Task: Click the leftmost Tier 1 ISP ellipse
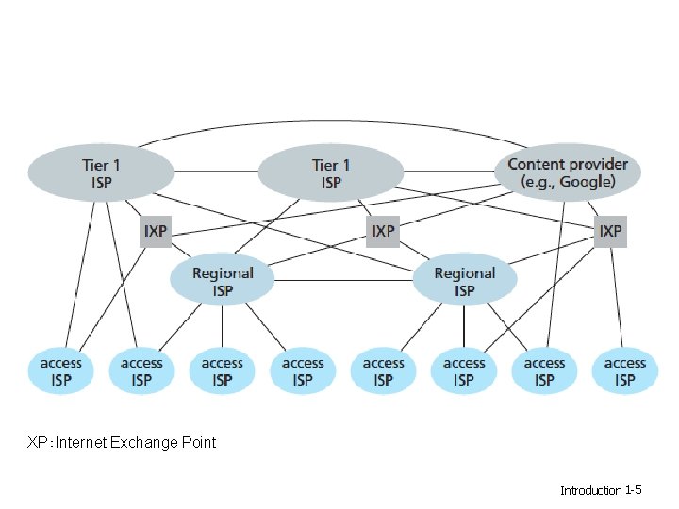pyautogui.click(x=101, y=172)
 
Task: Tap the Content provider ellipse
pyautogui.click(x=569, y=172)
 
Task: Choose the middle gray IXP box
pyautogui.click(x=383, y=231)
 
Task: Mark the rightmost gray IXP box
pyautogui.click(x=611, y=231)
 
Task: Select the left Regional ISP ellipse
pyautogui.click(x=223, y=281)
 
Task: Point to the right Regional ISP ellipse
pyautogui.click(x=464, y=281)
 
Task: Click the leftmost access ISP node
pyautogui.click(x=61, y=371)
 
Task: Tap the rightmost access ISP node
pyautogui.click(x=624, y=371)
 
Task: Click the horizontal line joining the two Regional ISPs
pyautogui.click(x=344, y=281)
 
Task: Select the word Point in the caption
pyautogui.click(x=198, y=442)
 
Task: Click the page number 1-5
pyautogui.click(x=633, y=490)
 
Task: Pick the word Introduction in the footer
pyautogui.click(x=591, y=491)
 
